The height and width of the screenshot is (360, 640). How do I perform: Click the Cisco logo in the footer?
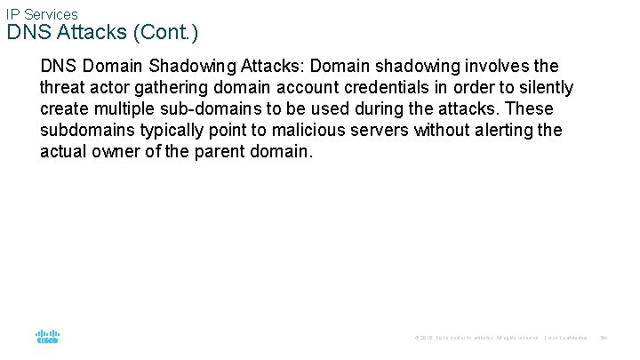tap(47, 337)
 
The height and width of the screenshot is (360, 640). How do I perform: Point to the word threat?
tap(63, 88)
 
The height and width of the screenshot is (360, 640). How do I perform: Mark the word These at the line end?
tap(530, 109)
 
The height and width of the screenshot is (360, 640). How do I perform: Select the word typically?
tap(172, 131)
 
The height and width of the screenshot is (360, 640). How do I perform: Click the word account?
tap(302, 88)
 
